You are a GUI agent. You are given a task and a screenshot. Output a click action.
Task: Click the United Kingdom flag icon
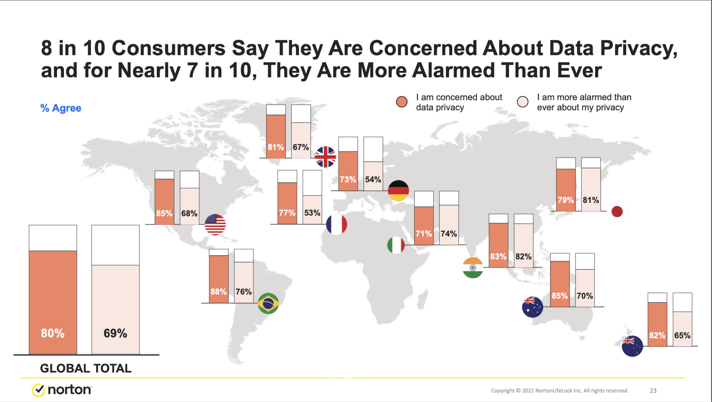click(325, 157)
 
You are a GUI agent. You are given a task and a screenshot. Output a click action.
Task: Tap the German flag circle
click(398, 191)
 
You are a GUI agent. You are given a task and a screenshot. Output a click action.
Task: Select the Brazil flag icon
click(268, 304)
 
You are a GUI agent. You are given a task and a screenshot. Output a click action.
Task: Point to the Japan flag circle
click(617, 211)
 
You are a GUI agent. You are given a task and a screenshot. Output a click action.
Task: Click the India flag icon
click(473, 268)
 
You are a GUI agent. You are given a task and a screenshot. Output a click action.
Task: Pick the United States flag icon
click(215, 224)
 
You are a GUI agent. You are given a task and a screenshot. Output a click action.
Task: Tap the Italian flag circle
click(396, 245)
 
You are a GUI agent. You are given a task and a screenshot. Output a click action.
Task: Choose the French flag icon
click(337, 224)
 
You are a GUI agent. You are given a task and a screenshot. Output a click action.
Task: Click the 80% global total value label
click(52, 333)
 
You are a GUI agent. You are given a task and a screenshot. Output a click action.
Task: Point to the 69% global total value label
click(115, 333)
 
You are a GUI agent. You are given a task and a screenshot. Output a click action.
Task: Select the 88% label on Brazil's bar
click(219, 292)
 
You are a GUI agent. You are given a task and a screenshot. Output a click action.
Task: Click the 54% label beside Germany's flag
click(373, 180)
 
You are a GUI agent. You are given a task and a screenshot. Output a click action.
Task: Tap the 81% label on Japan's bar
click(591, 200)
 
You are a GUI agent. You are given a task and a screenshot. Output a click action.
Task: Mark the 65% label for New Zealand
click(682, 336)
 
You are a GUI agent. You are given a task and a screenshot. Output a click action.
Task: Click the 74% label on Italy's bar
click(449, 234)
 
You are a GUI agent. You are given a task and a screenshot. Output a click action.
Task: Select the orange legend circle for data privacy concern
click(402, 102)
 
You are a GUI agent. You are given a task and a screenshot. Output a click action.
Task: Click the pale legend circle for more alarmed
click(523, 102)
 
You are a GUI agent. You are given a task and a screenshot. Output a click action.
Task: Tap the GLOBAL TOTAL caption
click(86, 368)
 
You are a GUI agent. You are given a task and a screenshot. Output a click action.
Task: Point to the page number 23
click(653, 391)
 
